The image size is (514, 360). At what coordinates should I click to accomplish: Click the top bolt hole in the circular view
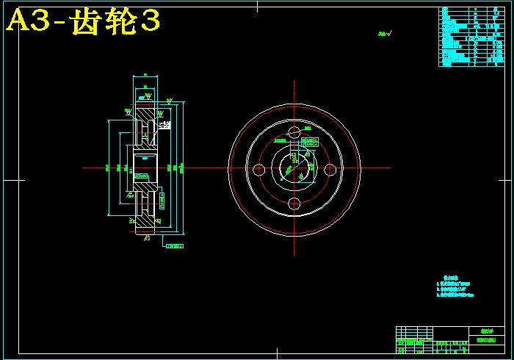click(294, 133)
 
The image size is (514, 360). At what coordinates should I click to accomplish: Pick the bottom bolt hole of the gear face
click(294, 204)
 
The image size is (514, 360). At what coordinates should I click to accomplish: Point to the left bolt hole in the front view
click(258, 169)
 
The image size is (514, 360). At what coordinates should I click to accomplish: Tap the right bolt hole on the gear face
click(330, 169)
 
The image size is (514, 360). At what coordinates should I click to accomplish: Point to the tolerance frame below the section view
click(175, 246)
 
